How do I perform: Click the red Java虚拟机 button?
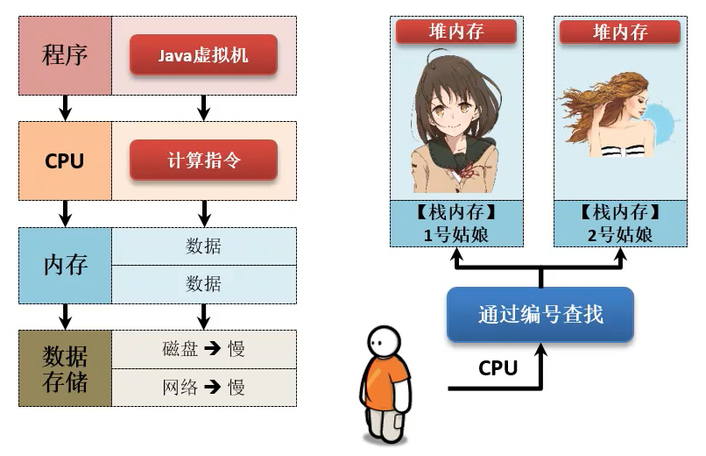(203, 55)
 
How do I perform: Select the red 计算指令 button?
(203, 161)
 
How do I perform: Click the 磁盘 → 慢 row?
(203, 349)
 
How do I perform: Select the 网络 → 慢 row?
(203, 387)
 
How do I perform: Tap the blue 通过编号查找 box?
(540, 315)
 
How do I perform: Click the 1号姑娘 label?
(456, 234)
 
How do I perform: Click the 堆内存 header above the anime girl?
(456, 32)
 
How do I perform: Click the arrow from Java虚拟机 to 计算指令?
(203, 108)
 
